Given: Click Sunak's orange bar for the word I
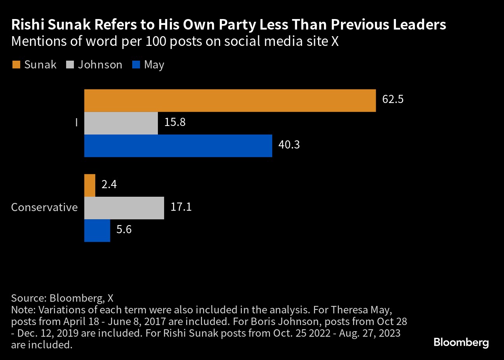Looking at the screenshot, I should [230, 101].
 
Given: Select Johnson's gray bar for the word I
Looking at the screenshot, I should [121, 123].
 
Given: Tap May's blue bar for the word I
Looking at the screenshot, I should [178, 146].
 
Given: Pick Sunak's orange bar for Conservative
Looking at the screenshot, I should [90, 185].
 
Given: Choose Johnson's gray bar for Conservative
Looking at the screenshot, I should [124, 208].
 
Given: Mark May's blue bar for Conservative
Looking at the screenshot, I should [97, 231].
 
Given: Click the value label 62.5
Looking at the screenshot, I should [393, 100].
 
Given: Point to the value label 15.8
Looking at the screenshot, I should [175, 122].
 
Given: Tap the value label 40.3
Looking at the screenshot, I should [289, 145].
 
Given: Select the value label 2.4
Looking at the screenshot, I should [109, 184].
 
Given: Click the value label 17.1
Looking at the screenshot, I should [181, 207].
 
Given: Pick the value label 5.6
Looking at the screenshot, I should [124, 229].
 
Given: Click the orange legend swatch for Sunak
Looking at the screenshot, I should [16, 65].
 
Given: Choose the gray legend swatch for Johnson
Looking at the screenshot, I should [70, 65].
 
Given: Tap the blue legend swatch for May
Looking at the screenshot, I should [136, 65].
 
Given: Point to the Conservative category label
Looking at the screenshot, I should [44, 207].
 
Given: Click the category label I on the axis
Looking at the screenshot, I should [77, 123].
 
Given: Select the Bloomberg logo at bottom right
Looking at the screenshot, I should [461, 343].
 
